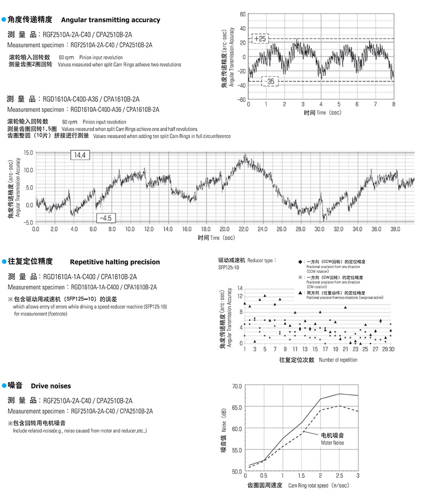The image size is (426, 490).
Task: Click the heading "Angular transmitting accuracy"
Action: point(111,20)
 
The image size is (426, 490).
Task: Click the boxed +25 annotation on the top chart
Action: point(260,39)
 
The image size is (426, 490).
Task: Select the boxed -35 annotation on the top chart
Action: point(271,82)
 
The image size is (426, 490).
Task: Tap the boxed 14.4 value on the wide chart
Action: point(80,155)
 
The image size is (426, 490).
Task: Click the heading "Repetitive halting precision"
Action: point(114,262)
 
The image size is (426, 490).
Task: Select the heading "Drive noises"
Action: point(51,385)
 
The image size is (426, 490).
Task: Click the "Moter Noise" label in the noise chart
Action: point(333,443)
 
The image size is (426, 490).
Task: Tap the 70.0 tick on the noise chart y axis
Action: point(237,385)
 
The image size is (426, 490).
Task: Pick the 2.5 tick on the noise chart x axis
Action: point(339,476)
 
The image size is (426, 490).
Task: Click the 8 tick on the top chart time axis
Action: point(393,104)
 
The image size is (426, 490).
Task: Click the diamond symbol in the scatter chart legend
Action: point(301,262)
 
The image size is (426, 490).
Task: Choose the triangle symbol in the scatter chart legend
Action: point(301,293)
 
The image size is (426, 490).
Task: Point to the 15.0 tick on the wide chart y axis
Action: point(28,152)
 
